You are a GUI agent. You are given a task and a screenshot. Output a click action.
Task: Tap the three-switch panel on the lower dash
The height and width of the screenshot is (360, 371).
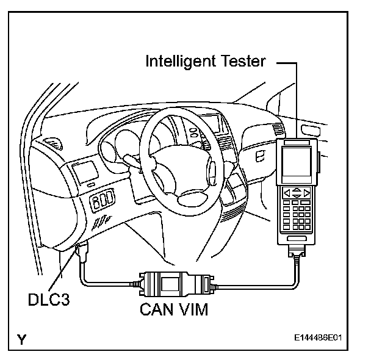tap(103, 200)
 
